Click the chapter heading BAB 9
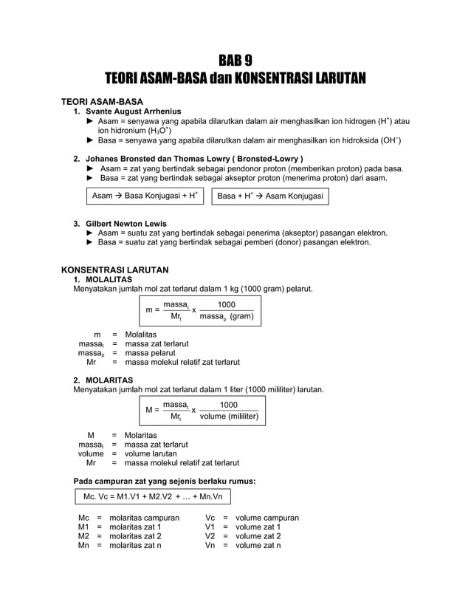(235, 60)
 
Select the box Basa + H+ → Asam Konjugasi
(270, 196)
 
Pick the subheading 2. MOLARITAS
(103, 380)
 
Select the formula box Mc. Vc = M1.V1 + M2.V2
(153, 496)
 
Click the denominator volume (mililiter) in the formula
(229, 417)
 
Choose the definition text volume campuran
(267, 518)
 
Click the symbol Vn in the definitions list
(210, 546)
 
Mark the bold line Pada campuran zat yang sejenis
(162, 482)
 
